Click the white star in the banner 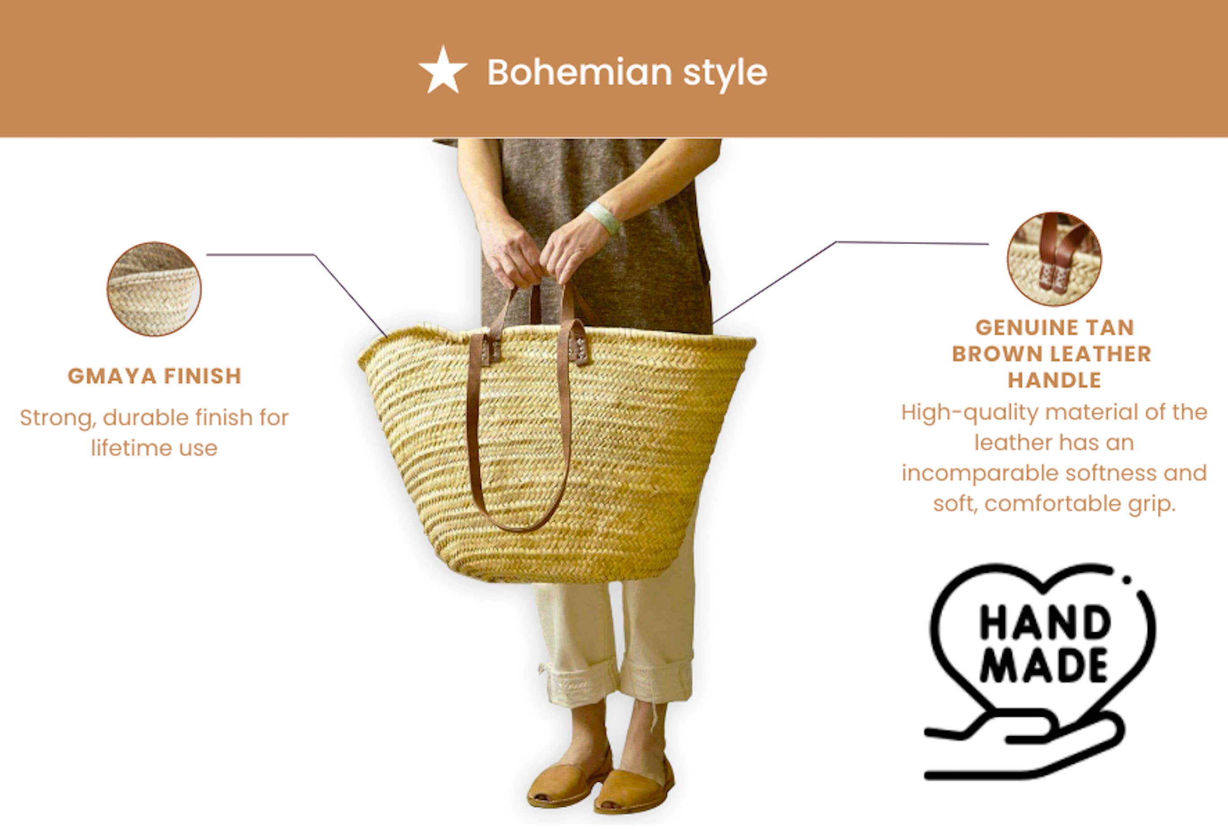click(443, 71)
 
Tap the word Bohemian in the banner click(579, 73)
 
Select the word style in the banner click(725, 73)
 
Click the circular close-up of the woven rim click(154, 289)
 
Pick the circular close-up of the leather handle click(1054, 259)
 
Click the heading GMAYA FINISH click(154, 377)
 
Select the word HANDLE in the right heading click(1054, 380)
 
